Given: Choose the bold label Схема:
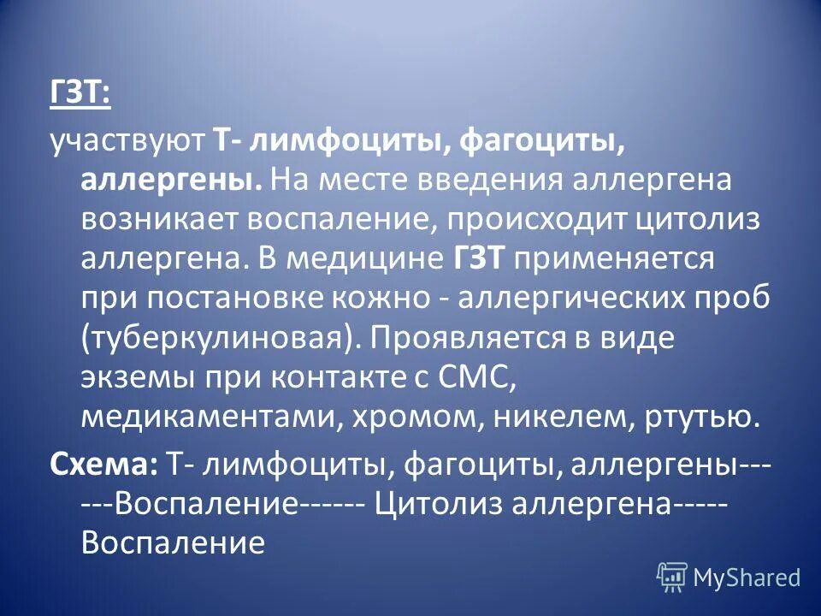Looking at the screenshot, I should tap(103, 463).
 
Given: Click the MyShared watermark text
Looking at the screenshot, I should tap(746, 577).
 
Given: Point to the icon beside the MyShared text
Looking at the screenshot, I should tap(672, 577).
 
